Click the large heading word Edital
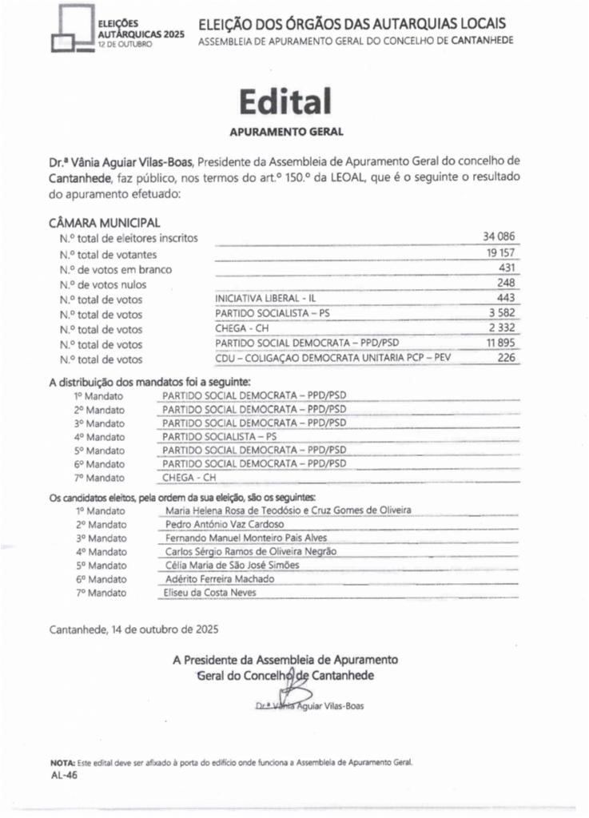pyautogui.click(x=285, y=101)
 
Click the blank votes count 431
pyautogui.click(x=507, y=268)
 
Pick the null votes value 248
pyautogui.click(x=507, y=284)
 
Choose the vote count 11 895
pyautogui.click(x=500, y=343)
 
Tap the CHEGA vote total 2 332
pyautogui.click(x=503, y=328)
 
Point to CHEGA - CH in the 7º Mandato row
pyautogui.click(x=189, y=478)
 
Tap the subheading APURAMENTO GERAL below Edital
pyautogui.click(x=286, y=130)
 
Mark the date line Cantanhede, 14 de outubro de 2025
pyautogui.click(x=133, y=629)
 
